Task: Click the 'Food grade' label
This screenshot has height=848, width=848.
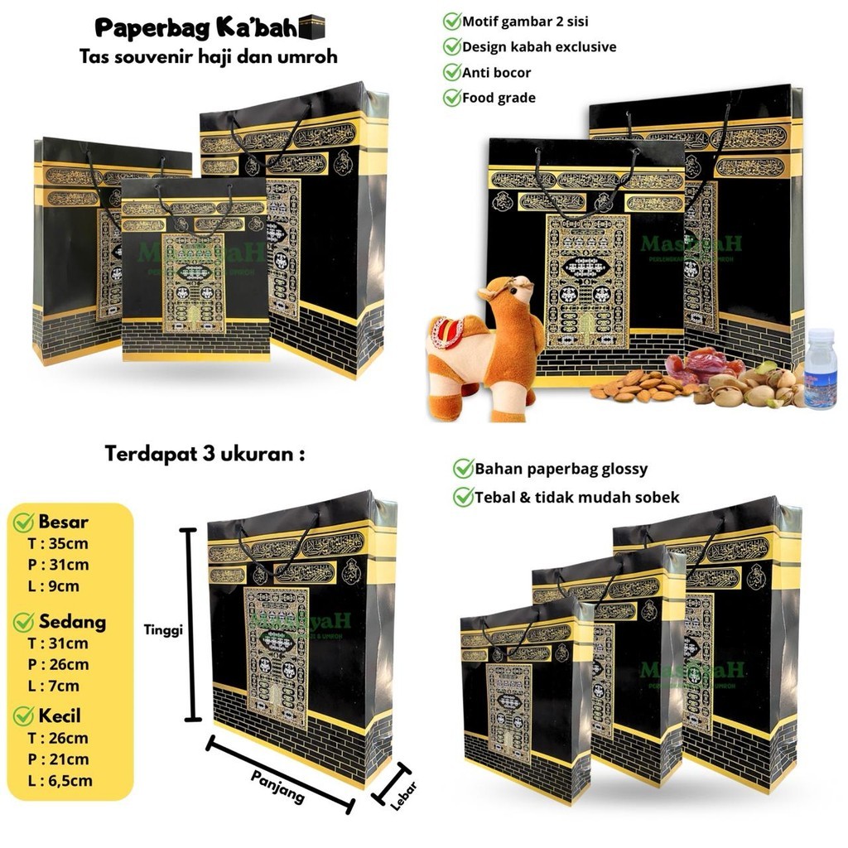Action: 499,98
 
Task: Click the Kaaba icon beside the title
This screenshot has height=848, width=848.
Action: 316,27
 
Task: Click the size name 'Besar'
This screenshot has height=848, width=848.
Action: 63,523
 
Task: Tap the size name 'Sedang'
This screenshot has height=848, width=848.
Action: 72,621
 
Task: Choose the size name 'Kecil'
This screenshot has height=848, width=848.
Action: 60,715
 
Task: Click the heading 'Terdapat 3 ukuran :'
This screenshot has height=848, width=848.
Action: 204,454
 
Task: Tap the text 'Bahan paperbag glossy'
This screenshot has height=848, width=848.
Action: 561,470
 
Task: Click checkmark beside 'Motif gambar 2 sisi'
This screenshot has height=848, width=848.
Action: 452,21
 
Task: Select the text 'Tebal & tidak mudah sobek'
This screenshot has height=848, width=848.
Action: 576,497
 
